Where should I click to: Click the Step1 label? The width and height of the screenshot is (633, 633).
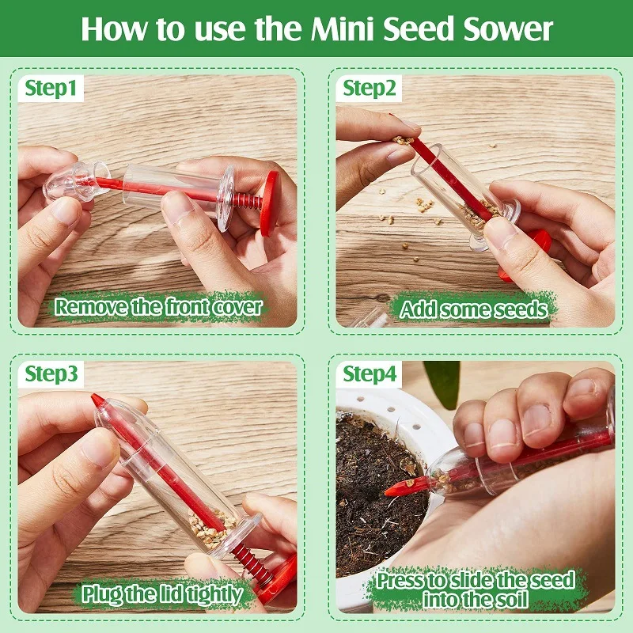pyautogui.click(x=51, y=89)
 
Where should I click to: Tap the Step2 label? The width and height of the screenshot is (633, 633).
pyautogui.click(x=369, y=89)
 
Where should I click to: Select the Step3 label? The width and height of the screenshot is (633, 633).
pyautogui.click(x=51, y=373)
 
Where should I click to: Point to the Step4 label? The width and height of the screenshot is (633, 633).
pyautogui.click(x=369, y=373)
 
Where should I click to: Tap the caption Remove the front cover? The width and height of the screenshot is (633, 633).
pyautogui.click(x=157, y=307)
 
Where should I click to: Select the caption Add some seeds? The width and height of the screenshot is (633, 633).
pyautogui.click(x=473, y=309)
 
